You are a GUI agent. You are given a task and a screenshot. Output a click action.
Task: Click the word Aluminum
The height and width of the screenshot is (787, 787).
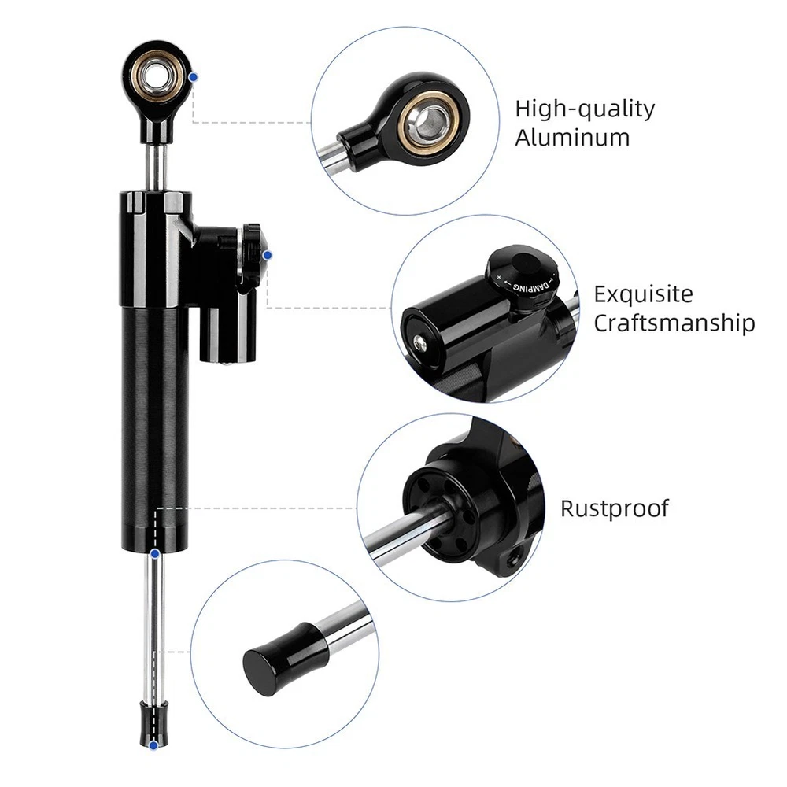point(572,138)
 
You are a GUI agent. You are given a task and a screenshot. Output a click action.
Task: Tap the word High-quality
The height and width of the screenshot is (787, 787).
point(586,109)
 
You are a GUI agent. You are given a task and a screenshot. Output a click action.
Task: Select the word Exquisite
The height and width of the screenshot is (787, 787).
point(644,294)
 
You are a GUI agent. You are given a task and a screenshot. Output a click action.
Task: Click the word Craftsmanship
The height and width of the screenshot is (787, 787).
point(674,323)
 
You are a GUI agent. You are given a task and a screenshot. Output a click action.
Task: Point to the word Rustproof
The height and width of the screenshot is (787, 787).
point(615,509)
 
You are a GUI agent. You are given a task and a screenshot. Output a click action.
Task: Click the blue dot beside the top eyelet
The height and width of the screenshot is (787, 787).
point(194,77)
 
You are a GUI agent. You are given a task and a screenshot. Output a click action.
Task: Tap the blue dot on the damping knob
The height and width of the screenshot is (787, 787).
point(267,256)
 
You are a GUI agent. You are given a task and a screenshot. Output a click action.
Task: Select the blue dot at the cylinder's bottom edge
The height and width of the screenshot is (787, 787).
point(155,553)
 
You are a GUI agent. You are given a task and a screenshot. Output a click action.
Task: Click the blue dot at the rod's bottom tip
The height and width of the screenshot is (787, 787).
point(154,745)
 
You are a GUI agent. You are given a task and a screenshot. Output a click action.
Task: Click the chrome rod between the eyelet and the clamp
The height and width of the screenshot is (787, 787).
point(156,167)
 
